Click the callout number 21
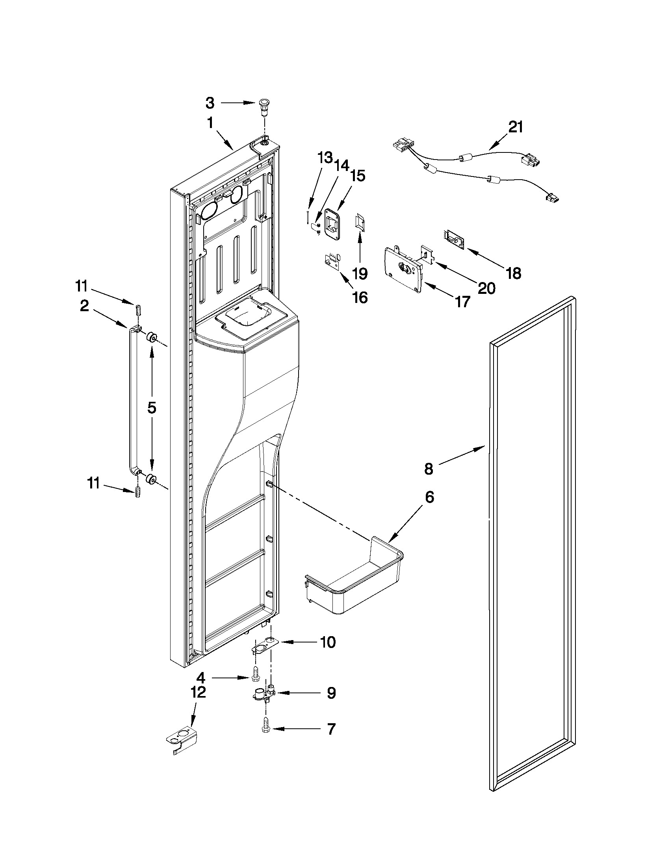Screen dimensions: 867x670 515,127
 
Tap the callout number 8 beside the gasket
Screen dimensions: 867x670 429,469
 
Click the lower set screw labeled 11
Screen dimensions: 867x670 138,493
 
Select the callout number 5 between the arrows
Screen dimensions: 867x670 152,408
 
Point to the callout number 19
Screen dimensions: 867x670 360,273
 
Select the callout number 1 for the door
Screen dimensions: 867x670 210,123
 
